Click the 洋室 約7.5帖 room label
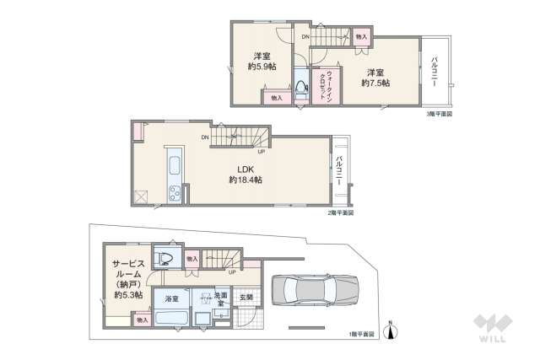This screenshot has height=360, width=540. (x=375, y=77)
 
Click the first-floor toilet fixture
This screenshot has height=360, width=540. (x=166, y=257)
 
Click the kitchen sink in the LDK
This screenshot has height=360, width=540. (x=173, y=162)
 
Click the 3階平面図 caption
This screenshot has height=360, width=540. (x=439, y=113)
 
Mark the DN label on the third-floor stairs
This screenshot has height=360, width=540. (x=305, y=36)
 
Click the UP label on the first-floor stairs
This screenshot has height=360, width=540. (x=232, y=272)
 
